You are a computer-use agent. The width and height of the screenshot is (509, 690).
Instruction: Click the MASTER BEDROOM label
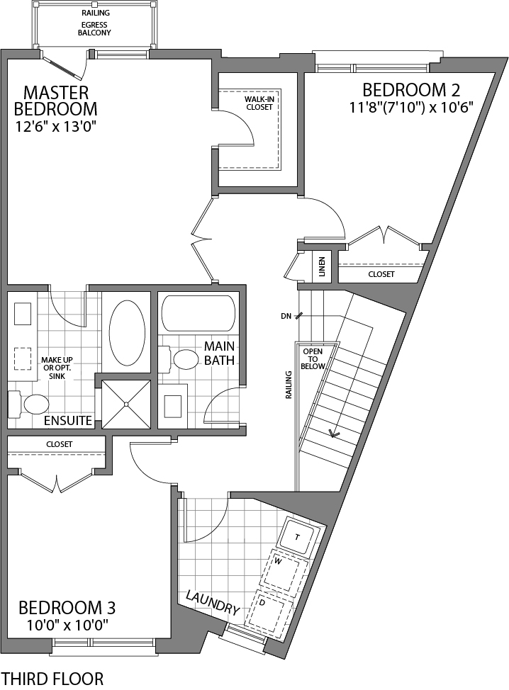(x=55, y=101)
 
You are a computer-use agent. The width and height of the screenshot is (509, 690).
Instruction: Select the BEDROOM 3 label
(x=67, y=607)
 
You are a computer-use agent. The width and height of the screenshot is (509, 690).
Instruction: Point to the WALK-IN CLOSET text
(x=259, y=103)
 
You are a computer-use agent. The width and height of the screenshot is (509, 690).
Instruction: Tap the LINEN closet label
(x=323, y=267)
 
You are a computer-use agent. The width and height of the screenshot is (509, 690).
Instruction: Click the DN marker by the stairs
(x=286, y=315)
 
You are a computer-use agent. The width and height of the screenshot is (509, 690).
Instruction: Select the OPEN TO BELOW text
(x=313, y=359)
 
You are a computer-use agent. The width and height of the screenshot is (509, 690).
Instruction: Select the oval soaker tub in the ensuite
(x=128, y=333)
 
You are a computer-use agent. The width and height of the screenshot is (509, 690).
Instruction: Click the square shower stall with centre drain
(x=126, y=404)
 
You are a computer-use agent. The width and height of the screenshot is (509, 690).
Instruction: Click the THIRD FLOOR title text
(x=53, y=678)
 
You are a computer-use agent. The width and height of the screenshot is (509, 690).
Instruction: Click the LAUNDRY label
(x=213, y=602)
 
